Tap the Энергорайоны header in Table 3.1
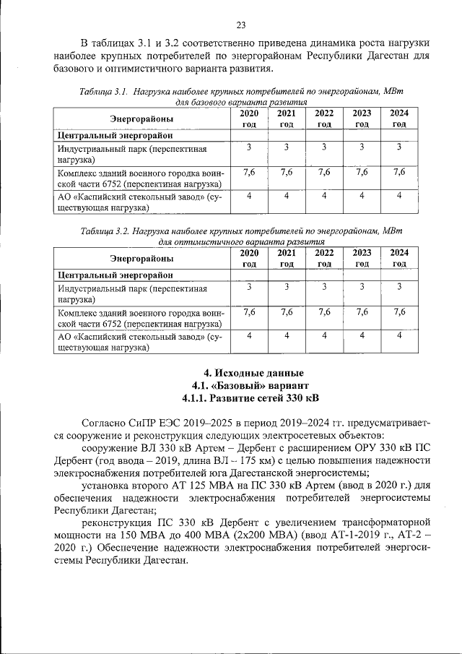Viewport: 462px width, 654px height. (x=141, y=119)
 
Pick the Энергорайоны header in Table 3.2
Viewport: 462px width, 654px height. (x=141, y=258)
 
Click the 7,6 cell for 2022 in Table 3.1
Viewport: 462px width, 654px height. (x=324, y=172)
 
